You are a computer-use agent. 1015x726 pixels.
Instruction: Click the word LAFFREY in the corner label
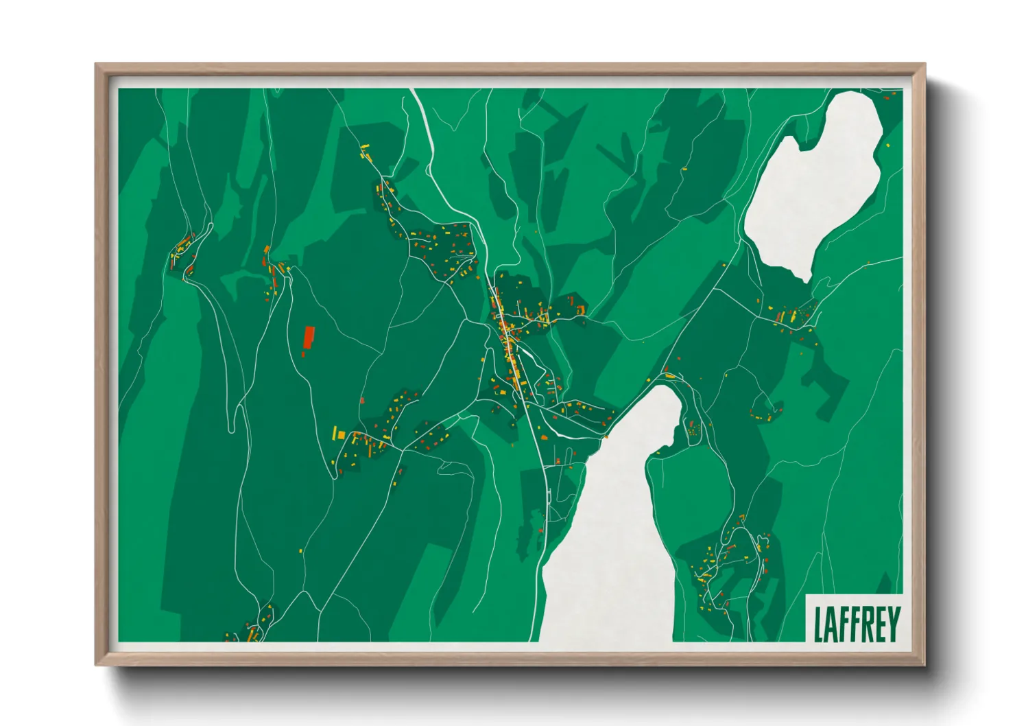(857, 624)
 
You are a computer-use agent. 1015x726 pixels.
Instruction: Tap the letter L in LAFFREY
(818, 624)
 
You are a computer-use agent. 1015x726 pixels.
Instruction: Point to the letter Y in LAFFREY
(894, 624)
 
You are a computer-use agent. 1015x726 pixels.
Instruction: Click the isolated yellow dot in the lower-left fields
(301, 550)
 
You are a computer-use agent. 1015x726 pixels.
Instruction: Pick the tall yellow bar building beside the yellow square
(335, 434)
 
